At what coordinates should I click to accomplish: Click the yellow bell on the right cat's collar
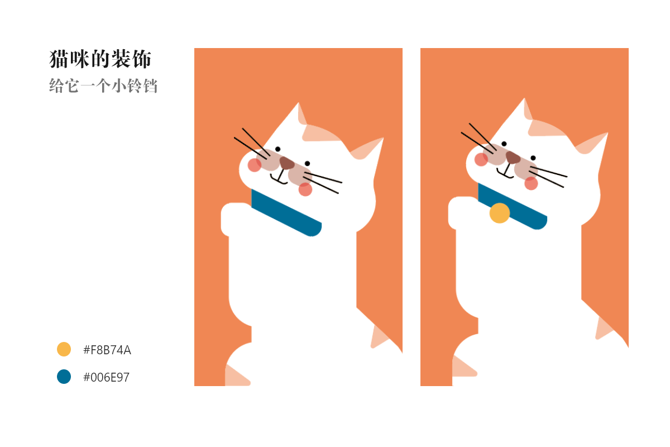tap(500, 213)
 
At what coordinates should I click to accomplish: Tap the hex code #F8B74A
tap(107, 350)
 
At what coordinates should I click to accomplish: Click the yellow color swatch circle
tap(64, 349)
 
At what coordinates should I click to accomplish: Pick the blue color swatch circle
tap(64, 377)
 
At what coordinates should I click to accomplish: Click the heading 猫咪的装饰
tap(100, 59)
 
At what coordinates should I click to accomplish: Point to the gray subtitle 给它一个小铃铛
tap(103, 86)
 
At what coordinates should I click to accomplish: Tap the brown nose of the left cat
tap(286, 163)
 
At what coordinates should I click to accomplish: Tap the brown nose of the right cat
tap(513, 158)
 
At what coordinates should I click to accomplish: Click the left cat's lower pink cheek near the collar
tap(305, 189)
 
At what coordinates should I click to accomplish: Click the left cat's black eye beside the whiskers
tap(277, 149)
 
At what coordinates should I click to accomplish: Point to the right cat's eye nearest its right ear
tap(533, 158)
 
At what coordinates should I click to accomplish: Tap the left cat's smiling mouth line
tap(279, 179)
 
